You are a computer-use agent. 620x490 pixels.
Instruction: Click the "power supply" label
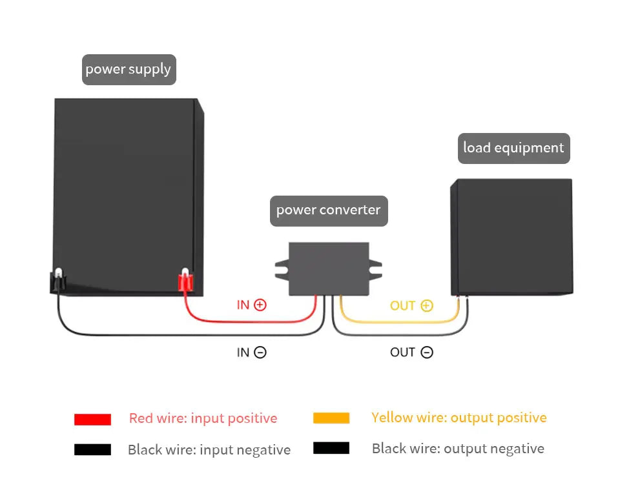tap(129, 70)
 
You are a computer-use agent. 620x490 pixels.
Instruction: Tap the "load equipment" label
tap(513, 148)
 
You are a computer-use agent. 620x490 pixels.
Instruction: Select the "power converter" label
tap(329, 210)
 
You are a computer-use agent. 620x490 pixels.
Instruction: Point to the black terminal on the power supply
tap(58, 281)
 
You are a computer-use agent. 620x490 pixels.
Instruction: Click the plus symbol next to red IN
tap(260, 305)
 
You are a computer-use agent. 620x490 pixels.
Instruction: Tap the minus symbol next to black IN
tap(260, 352)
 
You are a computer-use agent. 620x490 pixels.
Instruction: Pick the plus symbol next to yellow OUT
tap(427, 305)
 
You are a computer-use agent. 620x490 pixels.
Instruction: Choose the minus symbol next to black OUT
tap(427, 352)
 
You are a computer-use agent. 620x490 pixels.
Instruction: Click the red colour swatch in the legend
tap(92, 419)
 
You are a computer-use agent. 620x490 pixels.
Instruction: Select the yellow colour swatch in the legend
tap(331, 418)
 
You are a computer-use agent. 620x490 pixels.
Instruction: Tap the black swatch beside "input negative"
tap(92, 450)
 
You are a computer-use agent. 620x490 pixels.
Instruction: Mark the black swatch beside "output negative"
tap(331, 448)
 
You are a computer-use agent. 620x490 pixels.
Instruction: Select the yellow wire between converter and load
tap(399, 322)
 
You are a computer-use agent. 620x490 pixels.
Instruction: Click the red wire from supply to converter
tap(250, 322)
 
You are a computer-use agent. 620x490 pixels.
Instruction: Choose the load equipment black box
tap(512, 237)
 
